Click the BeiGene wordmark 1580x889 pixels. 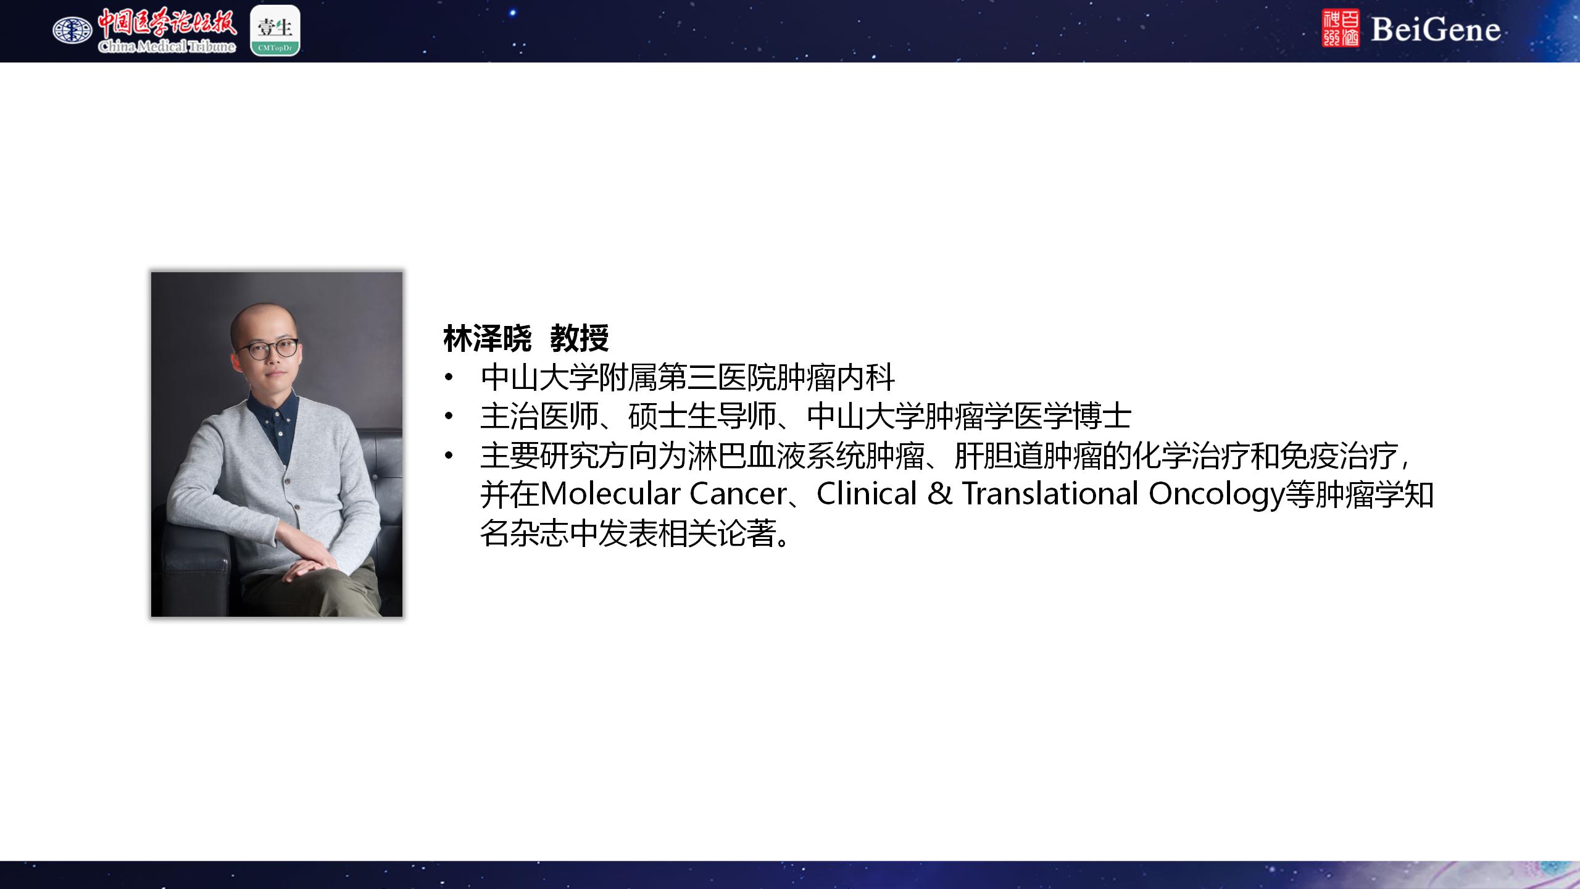(x=1436, y=29)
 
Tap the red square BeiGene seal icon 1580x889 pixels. (x=1341, y=28)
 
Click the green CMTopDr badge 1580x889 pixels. (x=275, y=31)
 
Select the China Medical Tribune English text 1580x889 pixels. (x=167, y=46)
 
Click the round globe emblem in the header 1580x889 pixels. (x=72, y=30)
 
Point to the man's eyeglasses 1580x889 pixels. (x=267, y=349)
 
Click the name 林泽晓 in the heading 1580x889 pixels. (x=488, y=338)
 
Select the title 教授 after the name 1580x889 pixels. (x=580, y=338)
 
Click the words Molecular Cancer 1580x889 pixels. (x=663, y=494)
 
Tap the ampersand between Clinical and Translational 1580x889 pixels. (x=939, y=494)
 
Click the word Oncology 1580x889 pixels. (x=1216, y=495)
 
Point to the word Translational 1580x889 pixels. (x=1050, y=494)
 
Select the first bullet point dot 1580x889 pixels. (x=449, y=377)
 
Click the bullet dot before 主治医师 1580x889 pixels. (x=449, y=416)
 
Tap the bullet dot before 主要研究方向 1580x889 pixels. (x=449, y=456)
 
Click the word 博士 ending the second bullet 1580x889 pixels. (x=1102, y=416)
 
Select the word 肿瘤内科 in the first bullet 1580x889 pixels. (x=835, y=377)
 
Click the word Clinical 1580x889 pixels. (x=867, y=494)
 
